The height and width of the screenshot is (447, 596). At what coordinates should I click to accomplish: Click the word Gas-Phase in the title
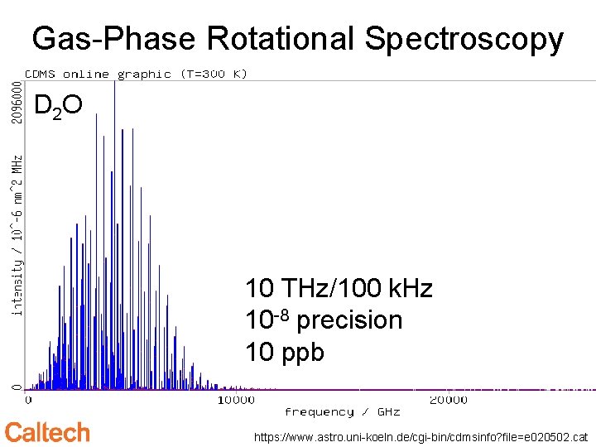click(114, 39)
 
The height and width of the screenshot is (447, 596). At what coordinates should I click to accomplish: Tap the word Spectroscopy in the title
click(464, 39)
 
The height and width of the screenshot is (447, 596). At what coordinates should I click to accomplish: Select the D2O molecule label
click(57, 106)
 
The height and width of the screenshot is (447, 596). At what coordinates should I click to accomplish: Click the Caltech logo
click(47, 432)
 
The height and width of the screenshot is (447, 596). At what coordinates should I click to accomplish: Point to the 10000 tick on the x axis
click(236, 400)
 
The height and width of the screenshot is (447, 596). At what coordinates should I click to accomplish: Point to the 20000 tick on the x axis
click(447, 400)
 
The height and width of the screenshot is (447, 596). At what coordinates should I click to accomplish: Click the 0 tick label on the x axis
click(29, 400)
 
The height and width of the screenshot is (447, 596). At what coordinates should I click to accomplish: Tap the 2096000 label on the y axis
click(16, 102)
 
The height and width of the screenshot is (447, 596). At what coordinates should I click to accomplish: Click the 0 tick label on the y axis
click(16, 386)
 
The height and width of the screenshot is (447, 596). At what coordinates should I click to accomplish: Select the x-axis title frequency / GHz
click(342, 411)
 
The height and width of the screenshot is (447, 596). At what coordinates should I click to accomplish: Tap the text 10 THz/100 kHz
click(339, 289)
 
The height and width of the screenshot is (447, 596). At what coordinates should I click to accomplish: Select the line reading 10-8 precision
click(324, 320)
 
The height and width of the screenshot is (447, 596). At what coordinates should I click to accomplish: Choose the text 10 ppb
click(285, 352)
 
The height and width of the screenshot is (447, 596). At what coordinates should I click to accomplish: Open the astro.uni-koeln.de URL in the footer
click(421, 436)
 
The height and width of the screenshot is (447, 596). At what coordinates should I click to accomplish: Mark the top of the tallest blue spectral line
click(115, 82)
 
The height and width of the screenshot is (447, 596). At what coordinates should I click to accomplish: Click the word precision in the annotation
click(349, 321)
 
